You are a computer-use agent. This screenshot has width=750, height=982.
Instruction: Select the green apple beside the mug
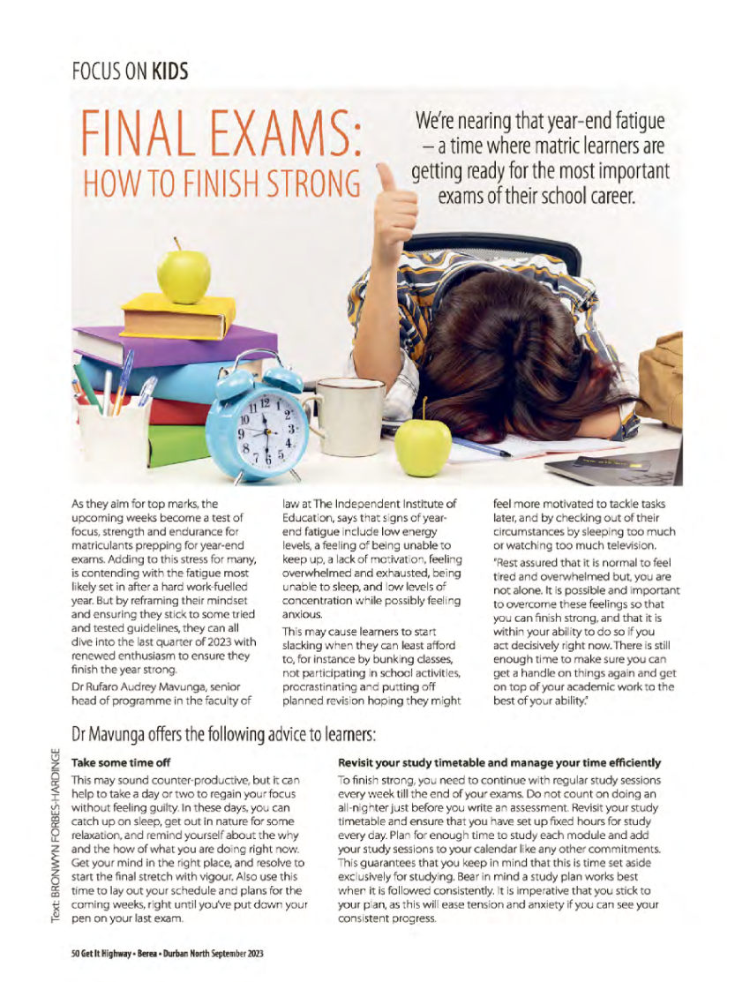coord(423,446)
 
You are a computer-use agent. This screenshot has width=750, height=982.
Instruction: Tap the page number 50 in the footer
coord(76,954)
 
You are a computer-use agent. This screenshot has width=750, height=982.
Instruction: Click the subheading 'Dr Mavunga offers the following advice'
coord(224,733)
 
